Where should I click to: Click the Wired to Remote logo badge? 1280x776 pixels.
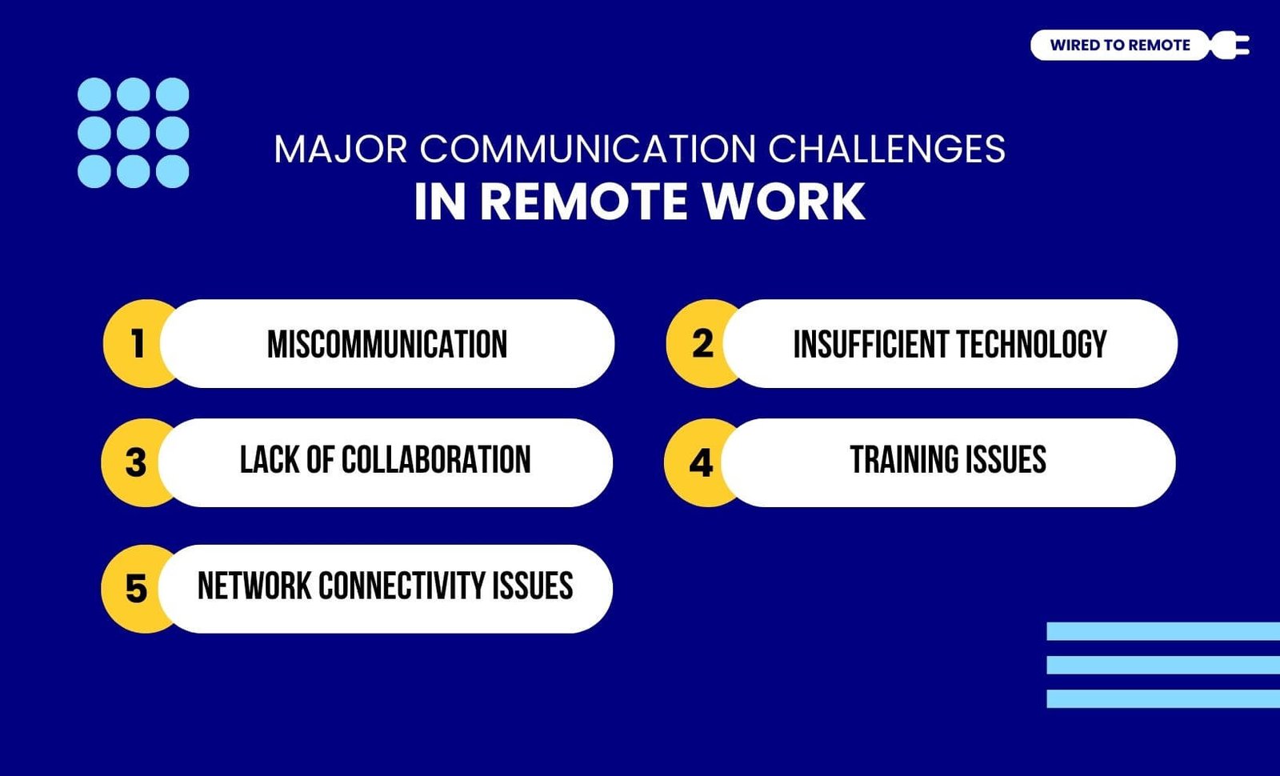(1120, 45)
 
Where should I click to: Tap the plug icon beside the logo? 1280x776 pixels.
(1230, 45)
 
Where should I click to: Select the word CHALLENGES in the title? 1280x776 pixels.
(886, 149)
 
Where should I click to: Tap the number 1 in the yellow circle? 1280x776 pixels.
(137, 343)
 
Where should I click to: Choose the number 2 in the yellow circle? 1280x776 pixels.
(702, 343)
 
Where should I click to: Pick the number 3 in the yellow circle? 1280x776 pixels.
(135, 462)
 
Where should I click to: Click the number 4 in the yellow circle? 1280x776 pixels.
(701, 462)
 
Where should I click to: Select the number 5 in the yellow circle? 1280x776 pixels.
(136, 589)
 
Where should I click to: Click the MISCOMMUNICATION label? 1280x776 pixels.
(387, 344)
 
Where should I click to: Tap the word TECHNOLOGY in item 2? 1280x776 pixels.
(1031, 344)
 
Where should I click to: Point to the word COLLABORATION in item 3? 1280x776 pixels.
(436, 459)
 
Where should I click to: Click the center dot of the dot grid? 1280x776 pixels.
(133, 133)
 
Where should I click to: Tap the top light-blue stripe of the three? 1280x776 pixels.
(1163, 631)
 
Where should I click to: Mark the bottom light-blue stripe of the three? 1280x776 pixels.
(1163, 699)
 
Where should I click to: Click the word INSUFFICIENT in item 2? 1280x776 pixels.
(871, 344)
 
